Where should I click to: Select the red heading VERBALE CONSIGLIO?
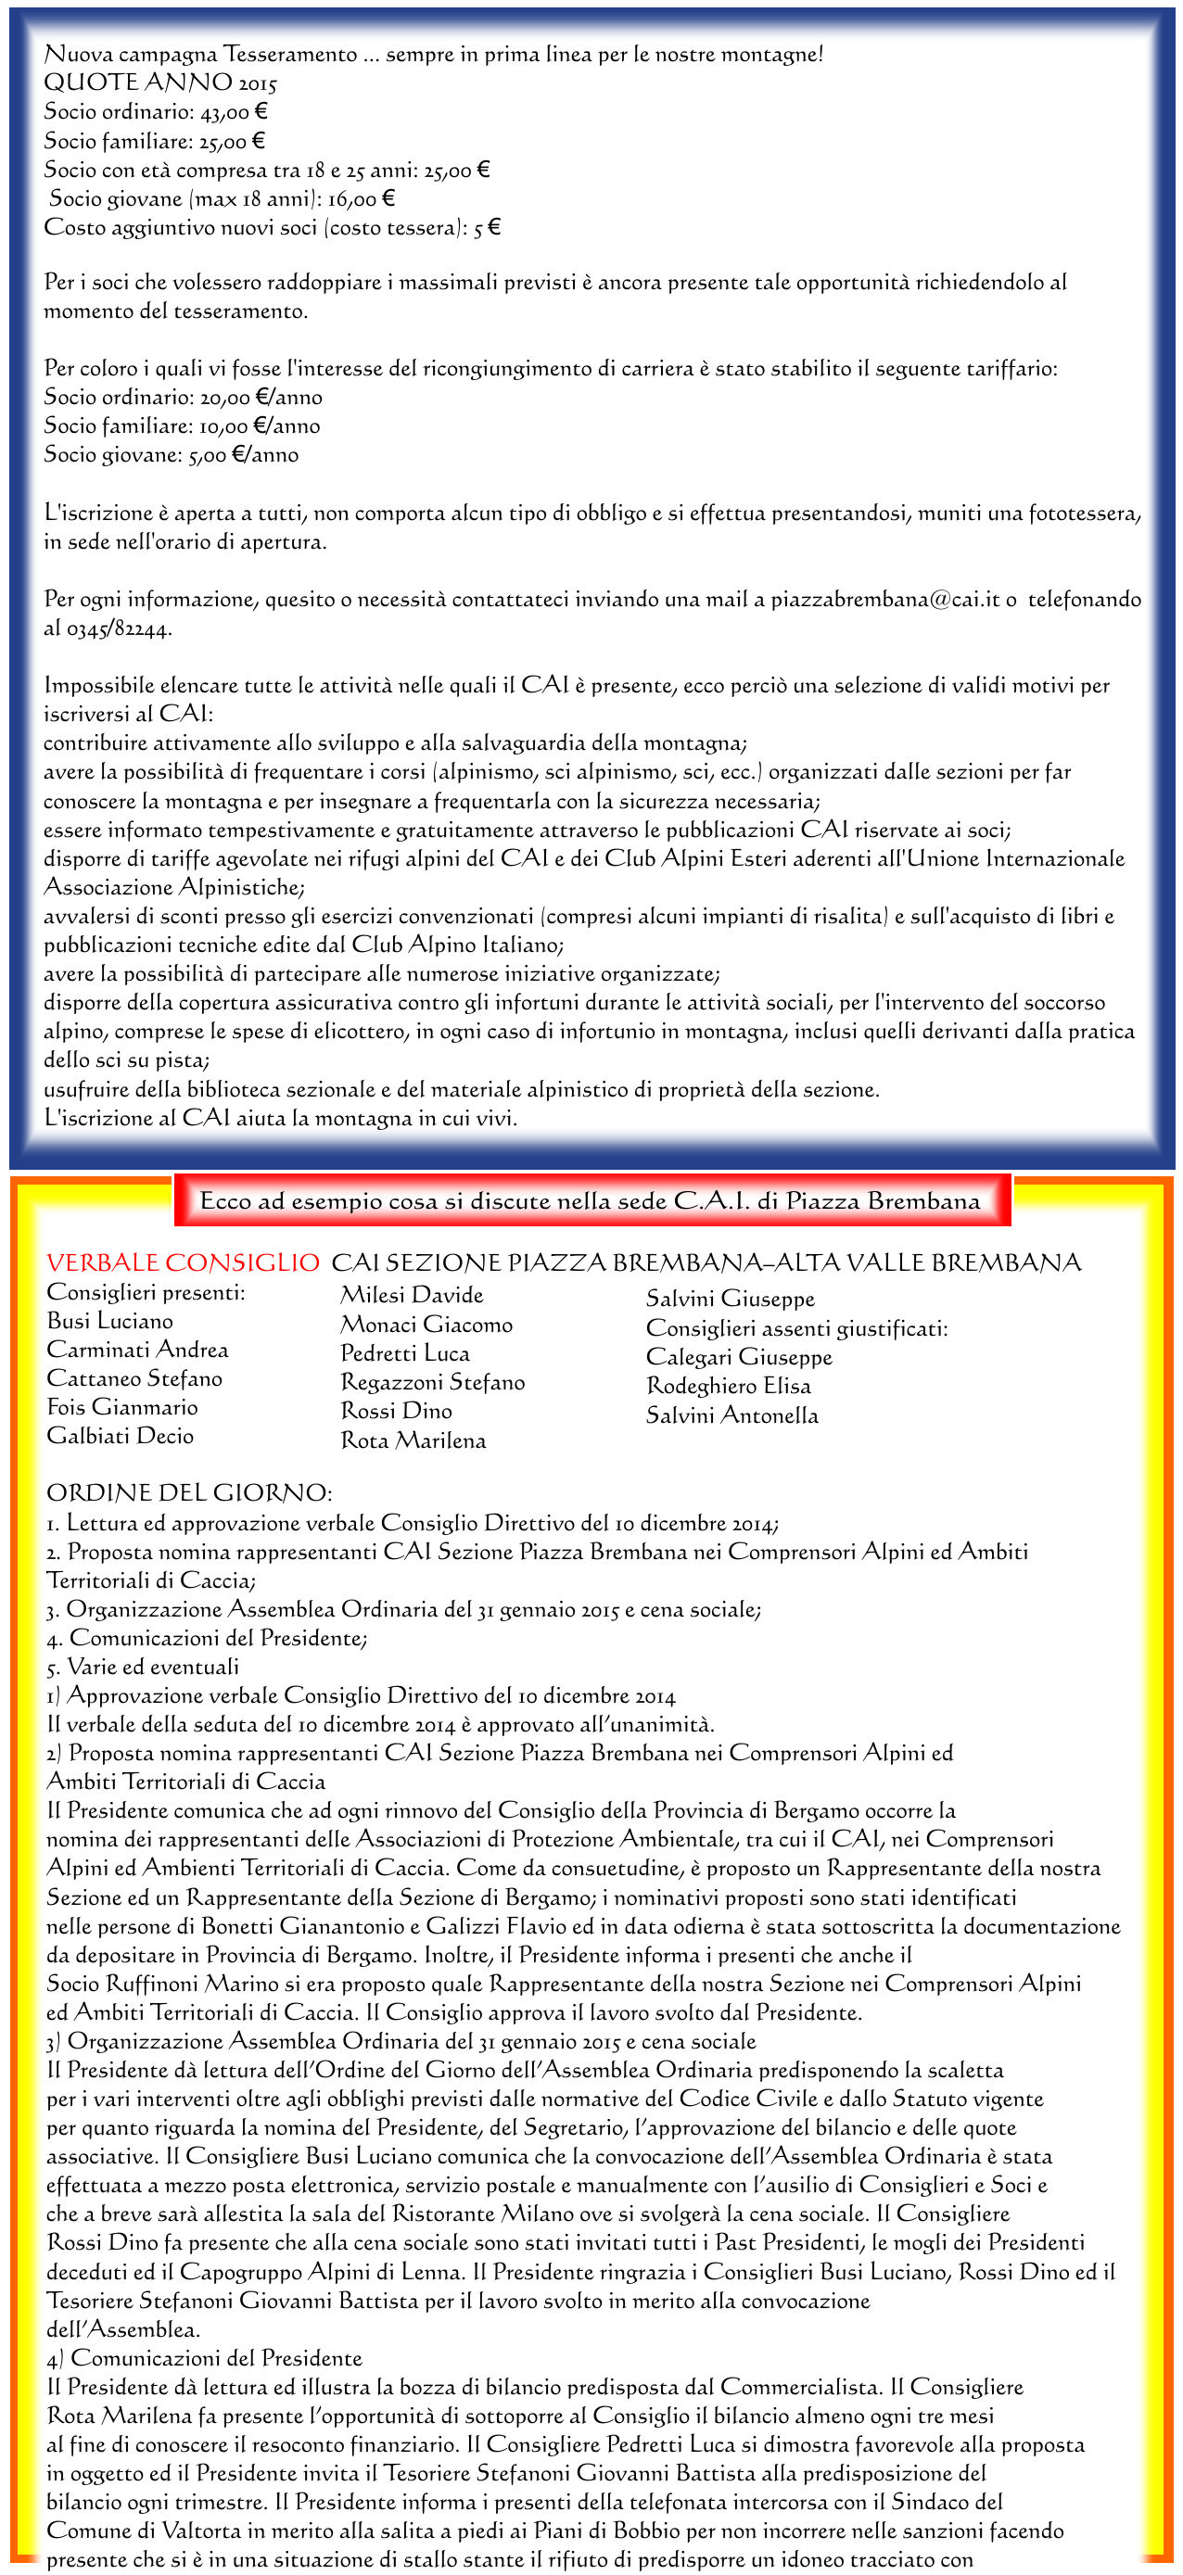coord(183,1262)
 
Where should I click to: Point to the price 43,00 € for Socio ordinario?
coord(234,112)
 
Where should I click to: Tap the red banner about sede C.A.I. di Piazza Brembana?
coord(590,1200)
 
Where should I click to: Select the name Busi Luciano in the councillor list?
coord(110,1321)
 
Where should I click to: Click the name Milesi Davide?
coord(411,1295)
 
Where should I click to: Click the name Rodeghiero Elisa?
coord(728,1386)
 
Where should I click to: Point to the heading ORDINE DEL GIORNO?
coord(189,1492)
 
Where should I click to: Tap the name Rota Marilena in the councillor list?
coord(413,1440)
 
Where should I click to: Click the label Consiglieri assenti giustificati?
coord(796,1327)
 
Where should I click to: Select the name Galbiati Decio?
coord(120,1436)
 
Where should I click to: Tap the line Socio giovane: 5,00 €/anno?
coord(171,455)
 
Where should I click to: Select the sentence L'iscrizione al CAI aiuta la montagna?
coord(280,1118)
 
